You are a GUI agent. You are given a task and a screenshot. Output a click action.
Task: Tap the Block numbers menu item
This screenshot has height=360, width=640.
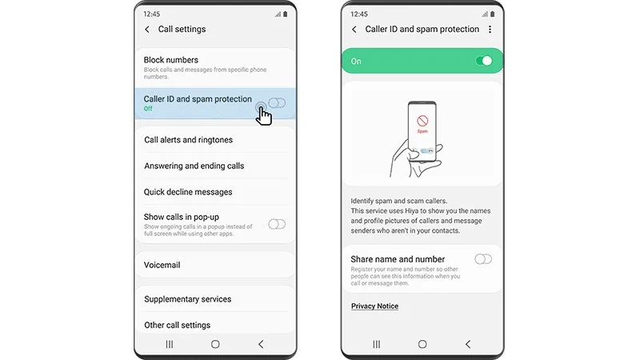pos(171,60)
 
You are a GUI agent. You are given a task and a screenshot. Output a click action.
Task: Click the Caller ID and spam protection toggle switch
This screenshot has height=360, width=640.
pos(277,103)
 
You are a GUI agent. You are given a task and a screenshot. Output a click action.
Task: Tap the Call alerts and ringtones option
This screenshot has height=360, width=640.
pos(188,139)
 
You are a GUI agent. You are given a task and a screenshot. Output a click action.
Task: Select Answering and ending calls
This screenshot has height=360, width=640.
pos(194,166)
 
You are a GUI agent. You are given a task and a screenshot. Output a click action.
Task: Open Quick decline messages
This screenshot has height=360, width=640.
pos(188,192)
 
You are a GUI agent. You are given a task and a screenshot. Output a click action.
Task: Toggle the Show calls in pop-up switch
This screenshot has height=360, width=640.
pos(277,224)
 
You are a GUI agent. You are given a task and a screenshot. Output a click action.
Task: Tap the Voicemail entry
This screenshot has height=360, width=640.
pos(162,265)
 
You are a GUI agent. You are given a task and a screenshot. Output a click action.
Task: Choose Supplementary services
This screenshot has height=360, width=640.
pos(187,299)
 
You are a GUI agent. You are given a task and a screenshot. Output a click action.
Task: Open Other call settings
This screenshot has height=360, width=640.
pos(177,326)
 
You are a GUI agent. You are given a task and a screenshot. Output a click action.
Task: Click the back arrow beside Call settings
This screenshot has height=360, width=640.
pos(147,30)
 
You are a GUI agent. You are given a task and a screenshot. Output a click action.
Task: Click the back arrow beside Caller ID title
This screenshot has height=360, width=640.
pos(354,30)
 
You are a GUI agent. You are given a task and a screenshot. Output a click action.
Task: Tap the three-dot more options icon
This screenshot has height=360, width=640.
pos(490,30)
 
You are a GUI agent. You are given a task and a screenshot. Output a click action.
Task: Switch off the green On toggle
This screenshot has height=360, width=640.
pos(484,62)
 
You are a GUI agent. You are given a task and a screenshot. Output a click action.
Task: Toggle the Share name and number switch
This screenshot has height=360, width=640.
pos(483,259)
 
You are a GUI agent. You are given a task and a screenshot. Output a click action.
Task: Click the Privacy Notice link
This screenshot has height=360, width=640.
pos(374,306)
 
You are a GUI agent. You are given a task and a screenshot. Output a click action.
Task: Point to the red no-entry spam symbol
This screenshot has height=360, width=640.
pos(422,121)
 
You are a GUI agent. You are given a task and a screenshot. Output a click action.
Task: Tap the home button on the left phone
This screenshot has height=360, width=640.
pos(215,345)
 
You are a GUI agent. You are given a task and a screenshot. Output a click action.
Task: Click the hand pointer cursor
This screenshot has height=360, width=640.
pos(263,114)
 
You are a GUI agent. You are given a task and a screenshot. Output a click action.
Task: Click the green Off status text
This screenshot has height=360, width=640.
pos(148,109)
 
